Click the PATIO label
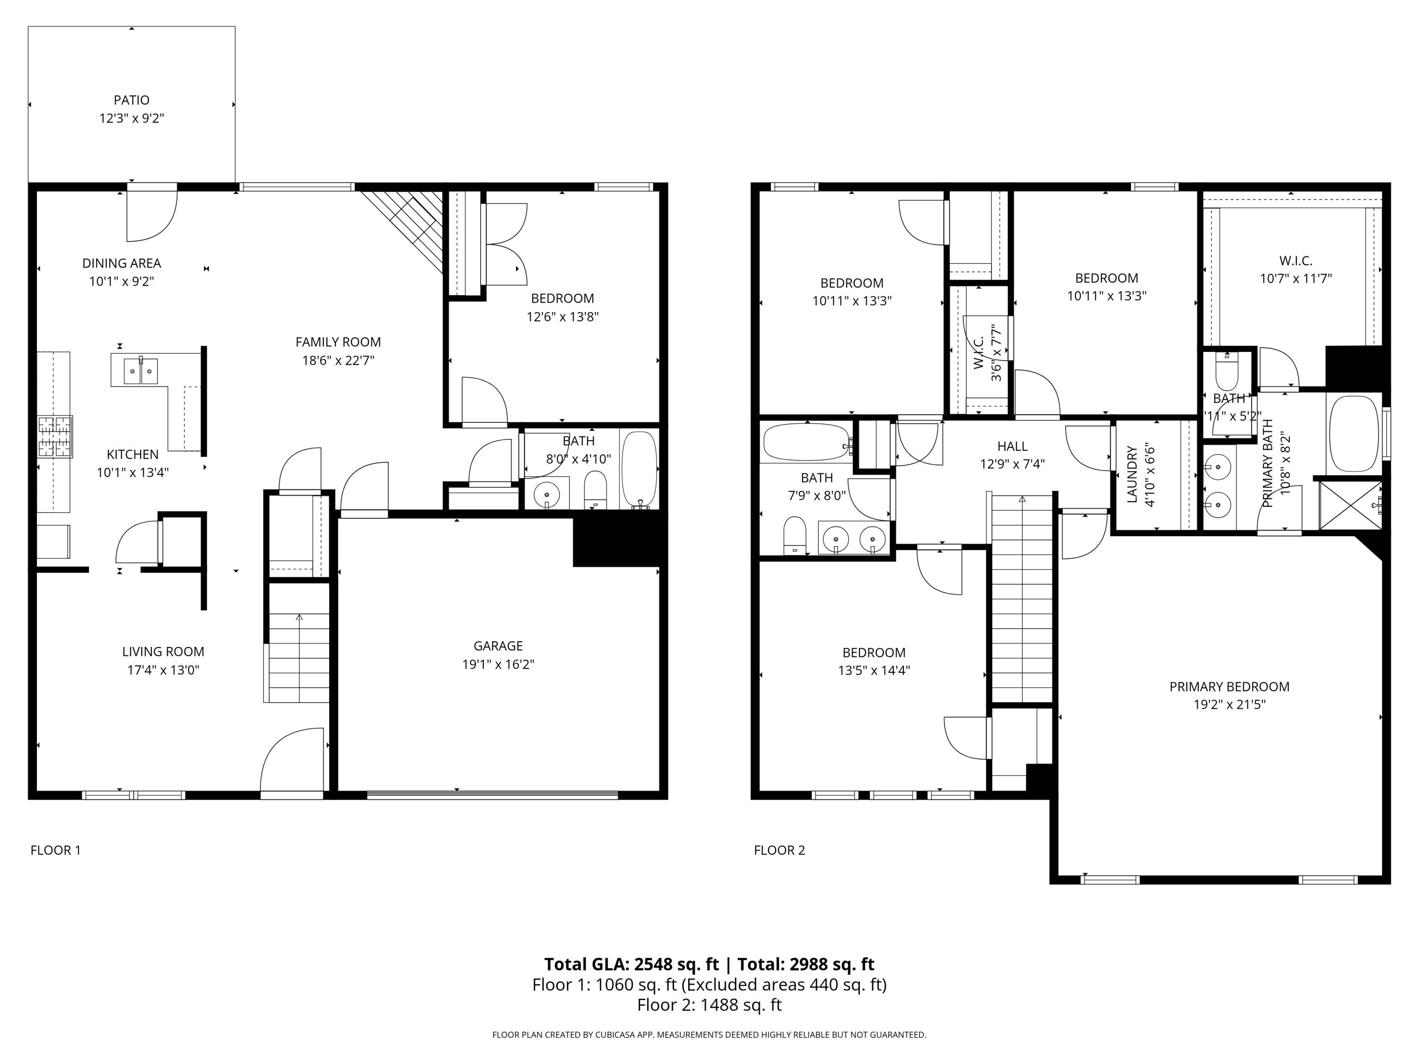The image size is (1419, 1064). point(131,100)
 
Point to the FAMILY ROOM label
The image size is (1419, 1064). point(338,342)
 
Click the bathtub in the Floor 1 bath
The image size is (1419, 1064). point(639,470)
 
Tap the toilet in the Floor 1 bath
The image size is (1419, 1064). point(596,491)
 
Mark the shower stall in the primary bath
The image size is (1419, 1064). point(1350,506)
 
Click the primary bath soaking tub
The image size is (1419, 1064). point(1354,434)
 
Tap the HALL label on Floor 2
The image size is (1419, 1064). point(1012,446)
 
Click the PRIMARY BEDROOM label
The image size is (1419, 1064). point(1229,686)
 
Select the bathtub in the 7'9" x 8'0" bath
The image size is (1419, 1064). point(806,442)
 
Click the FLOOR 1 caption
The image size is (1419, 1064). point(56,850)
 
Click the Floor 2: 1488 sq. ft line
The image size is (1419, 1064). point(709,1005)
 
